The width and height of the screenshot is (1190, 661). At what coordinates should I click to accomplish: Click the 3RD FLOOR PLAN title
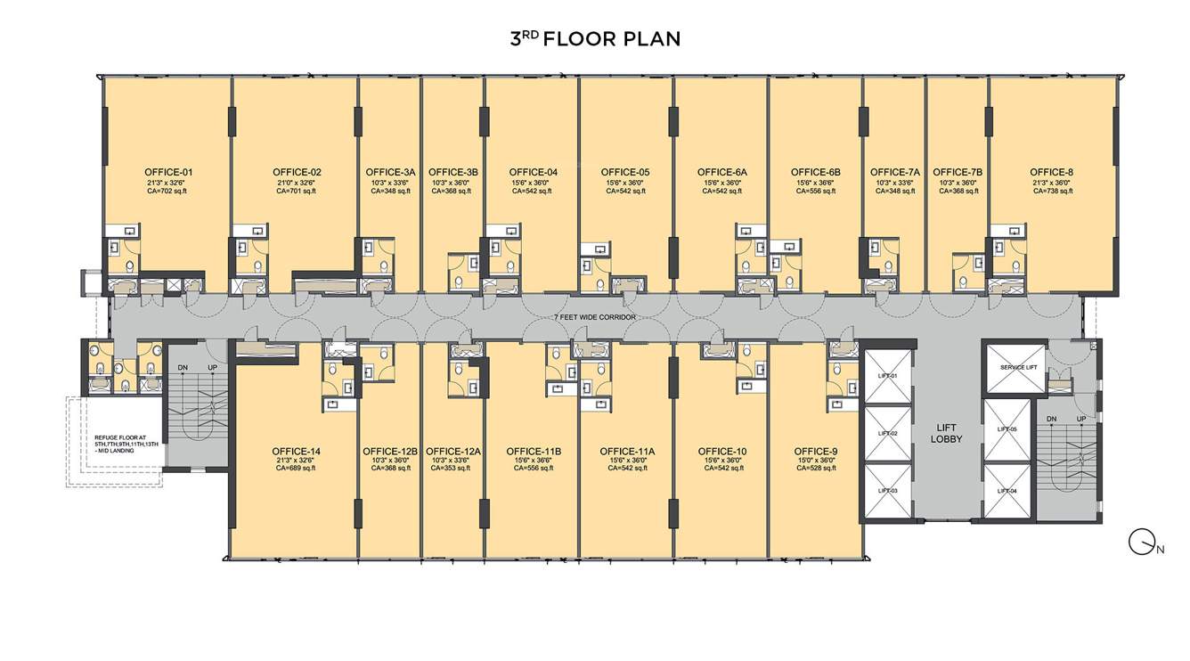click(x=594, y=38)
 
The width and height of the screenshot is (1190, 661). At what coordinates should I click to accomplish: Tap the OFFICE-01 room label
click(x=168, y=172)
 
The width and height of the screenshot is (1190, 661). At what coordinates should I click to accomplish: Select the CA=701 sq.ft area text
click(x=297, y=191)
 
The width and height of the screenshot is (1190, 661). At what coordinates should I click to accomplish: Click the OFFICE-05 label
click(x=625, y=172)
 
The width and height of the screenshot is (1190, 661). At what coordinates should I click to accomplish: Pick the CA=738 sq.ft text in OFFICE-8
click(x=1052, y=191)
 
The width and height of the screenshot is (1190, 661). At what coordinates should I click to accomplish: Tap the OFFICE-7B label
click(x=958, y=172)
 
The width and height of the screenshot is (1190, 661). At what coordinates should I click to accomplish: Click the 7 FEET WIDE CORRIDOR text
click(x=595, y=317)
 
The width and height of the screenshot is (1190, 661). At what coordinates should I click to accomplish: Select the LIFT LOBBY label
click(x=947, y=433)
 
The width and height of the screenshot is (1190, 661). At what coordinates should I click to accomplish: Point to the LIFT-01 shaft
click(x=888, y=376)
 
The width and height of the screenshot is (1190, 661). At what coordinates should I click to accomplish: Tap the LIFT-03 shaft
click(x=888, y=491)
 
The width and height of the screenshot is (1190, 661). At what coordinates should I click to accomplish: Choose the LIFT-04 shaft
click(x=1007, y=491)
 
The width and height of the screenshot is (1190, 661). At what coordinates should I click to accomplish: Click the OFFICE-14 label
click(x=297, y=451)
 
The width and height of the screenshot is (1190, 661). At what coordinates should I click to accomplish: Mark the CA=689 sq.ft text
click(x=297, y=468)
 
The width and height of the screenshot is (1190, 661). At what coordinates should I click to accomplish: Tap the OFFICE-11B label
click(x=534, y=451)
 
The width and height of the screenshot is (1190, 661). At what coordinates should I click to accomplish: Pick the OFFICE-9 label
click(x=816, y=451)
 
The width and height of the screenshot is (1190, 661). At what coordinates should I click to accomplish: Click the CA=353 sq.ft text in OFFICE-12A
click(x=453, y=468)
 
